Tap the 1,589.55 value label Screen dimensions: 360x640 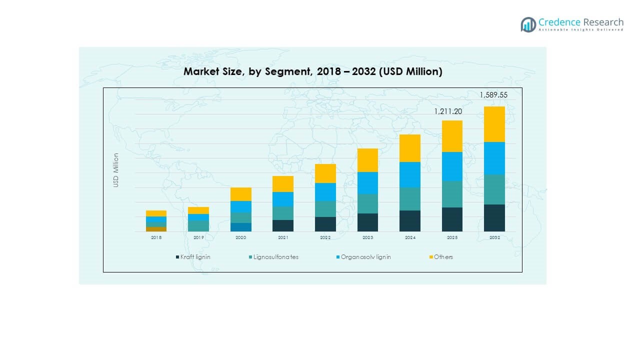pos(494,95)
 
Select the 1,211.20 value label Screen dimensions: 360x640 pos(447,111)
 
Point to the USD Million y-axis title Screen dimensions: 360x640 pos(116,170)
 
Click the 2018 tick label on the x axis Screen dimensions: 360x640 pos(156,238)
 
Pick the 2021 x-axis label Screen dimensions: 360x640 pos(283,238)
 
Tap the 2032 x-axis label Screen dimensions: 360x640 pos(494,238)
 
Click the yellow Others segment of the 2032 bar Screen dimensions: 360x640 pos(494,124)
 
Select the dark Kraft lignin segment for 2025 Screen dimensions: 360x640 pos(452,219)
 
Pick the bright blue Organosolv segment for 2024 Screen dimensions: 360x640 pos(409,174)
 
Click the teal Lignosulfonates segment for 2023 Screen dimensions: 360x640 pos(367,203)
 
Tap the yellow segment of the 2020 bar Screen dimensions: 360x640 pos(240,194)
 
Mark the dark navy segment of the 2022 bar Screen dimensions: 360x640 pos(325,224)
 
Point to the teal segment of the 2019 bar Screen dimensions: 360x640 pos(198,226)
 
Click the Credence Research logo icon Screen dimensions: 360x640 pos(528,24)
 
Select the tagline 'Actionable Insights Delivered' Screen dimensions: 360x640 pos(581,30)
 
